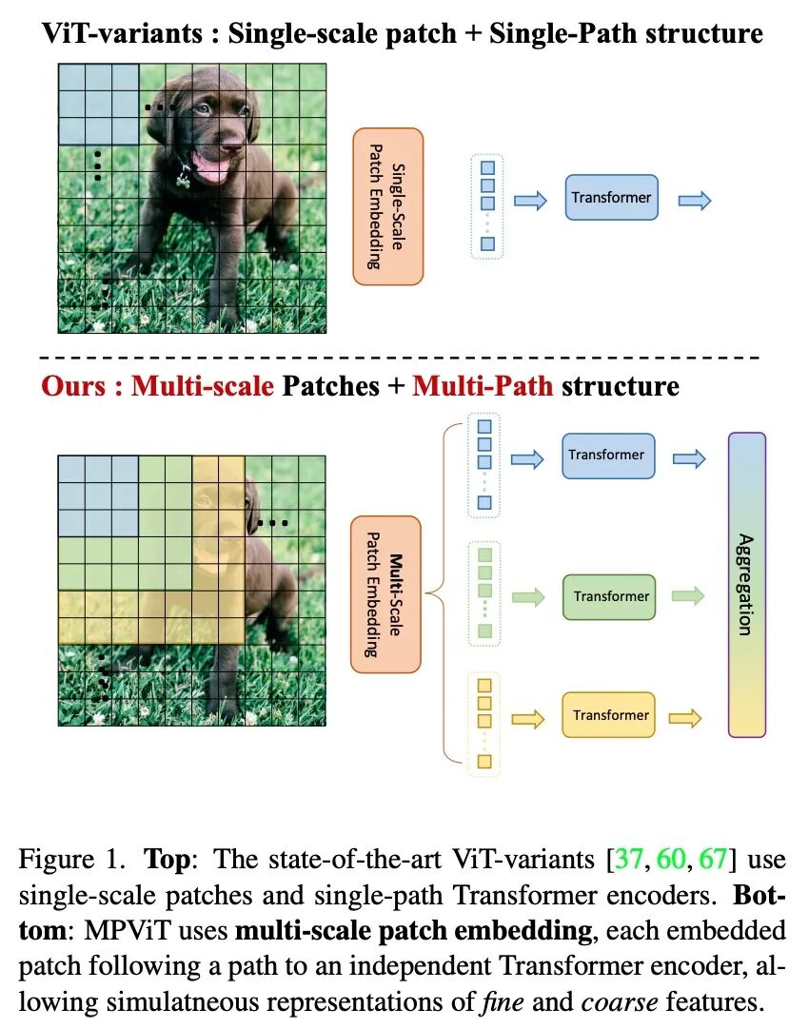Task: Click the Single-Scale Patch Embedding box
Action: pyautogui.click(x=387, y=206)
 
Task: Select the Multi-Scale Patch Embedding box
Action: pyautogui.click(x=385, y=594)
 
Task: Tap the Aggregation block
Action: pyautogui.click(x=746, y=585)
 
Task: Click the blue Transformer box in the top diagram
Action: pyautogui.click(x=611, y=198)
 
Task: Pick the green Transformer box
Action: pyautogui.click(x=610, y=597)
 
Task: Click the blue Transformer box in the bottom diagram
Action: pyautogui.click(x=606, y=456)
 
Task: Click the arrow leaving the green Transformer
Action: pyautogui.click(x=687, y=597)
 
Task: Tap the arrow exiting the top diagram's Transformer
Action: pyautogui.click(x=694, y=200)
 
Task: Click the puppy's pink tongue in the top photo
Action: pyautogui.click(x=211, y=170)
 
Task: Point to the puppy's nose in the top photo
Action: pyautogui.click(x=230, y=147)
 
